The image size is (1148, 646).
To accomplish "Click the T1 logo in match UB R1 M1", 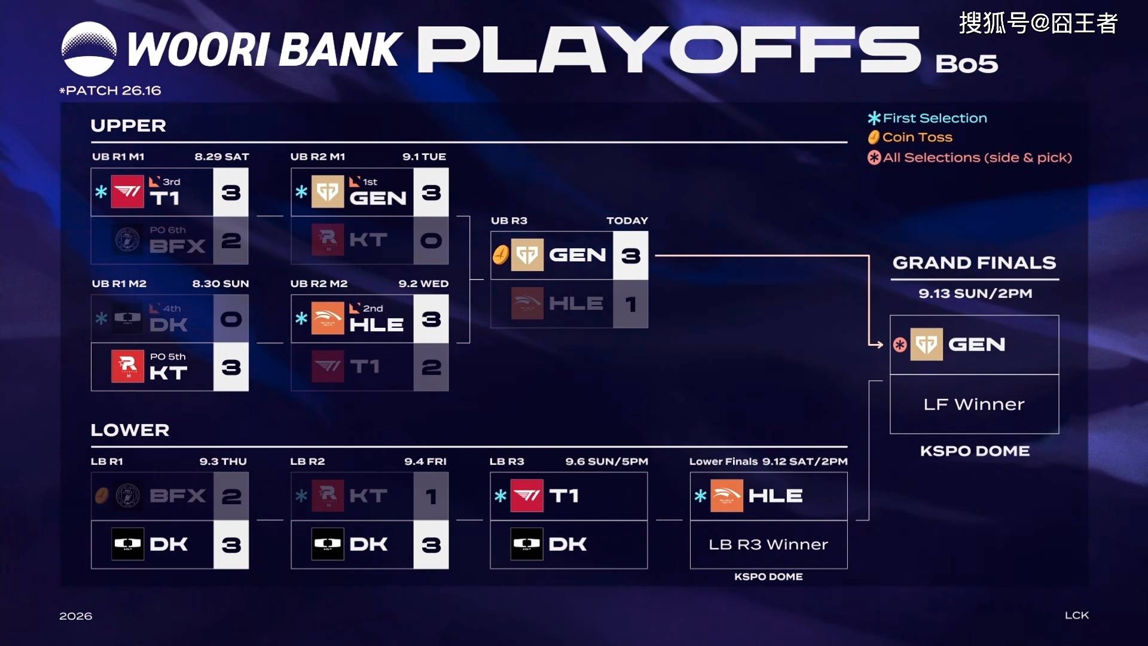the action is click(127, 191).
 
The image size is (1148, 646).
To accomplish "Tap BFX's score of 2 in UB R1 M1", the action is click(231, 240).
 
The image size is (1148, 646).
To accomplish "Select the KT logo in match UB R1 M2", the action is click(127, 366).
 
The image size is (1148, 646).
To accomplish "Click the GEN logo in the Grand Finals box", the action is click(926, 344).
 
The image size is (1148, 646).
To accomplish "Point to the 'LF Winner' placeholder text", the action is click(974, 404).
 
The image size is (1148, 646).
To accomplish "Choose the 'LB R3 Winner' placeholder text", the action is click(768, 544).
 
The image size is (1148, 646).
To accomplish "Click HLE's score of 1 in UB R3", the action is click(631, 304).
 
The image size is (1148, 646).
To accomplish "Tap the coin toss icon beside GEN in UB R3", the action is click(500, 255).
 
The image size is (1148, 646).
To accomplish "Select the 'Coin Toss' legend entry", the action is click(910, 137).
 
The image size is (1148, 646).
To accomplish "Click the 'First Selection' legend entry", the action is click(927, 118).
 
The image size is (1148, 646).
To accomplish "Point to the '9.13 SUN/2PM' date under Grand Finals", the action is click(975, 294).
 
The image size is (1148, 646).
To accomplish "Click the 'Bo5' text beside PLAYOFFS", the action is click(967, 63).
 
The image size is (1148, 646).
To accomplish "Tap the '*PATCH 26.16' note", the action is click(110, 90).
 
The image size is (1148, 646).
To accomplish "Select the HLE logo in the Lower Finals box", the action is click(726, 495).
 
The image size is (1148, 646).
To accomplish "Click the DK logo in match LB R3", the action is click(527, 544).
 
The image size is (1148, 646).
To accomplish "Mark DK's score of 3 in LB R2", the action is click(431, 545).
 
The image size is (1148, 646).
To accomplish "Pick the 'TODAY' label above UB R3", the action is click(627, 221).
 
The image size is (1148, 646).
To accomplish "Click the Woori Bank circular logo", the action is click(89, 49).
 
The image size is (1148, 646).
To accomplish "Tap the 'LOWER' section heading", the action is click(130, 430).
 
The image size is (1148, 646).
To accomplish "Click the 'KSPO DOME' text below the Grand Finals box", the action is click(975, 451).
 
